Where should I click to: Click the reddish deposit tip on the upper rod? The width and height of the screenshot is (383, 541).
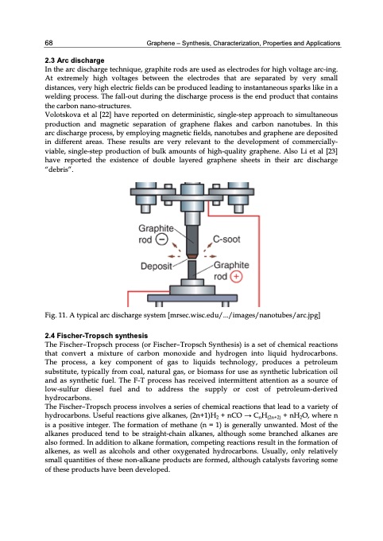pyautogui.click(x=191, y=252)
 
